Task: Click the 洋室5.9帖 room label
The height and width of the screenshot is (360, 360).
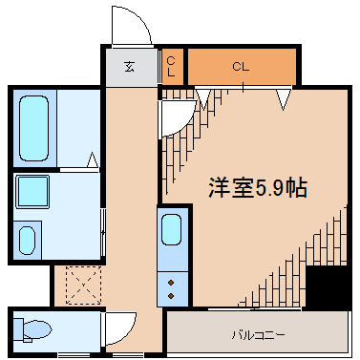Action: coord(258,188)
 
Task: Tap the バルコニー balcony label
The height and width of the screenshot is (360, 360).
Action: coord(258,335)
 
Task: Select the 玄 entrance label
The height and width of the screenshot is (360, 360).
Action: coord(128,67)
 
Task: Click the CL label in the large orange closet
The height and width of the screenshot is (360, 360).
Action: coord(241,67)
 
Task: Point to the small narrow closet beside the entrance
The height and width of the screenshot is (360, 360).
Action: coord(172,67)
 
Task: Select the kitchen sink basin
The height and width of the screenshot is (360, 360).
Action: coord(172,230)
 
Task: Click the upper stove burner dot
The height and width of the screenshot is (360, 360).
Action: coord(172,282)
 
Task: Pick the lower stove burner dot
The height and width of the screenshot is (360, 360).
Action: coord(172,295)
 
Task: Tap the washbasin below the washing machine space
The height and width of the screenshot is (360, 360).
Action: coord(27,239)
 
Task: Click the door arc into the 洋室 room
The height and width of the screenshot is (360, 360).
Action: coord(174,116)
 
